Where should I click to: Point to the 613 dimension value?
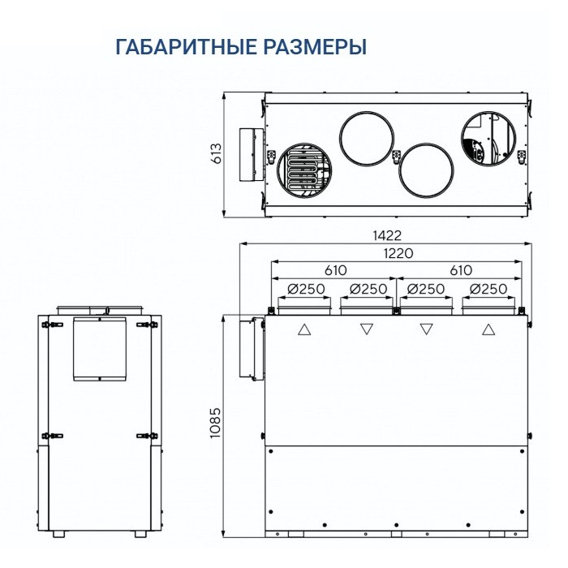click(x=216, y=154)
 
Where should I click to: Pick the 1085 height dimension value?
click(x=215, y=422)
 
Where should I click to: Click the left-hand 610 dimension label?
click(x=336, y=270)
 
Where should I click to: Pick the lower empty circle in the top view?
click(x=426, y=170)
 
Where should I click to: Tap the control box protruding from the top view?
click(x=248, y=155)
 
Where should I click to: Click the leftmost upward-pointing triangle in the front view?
click(x=304, y=329)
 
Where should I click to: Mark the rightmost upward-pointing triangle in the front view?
click(x=488, y=329)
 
